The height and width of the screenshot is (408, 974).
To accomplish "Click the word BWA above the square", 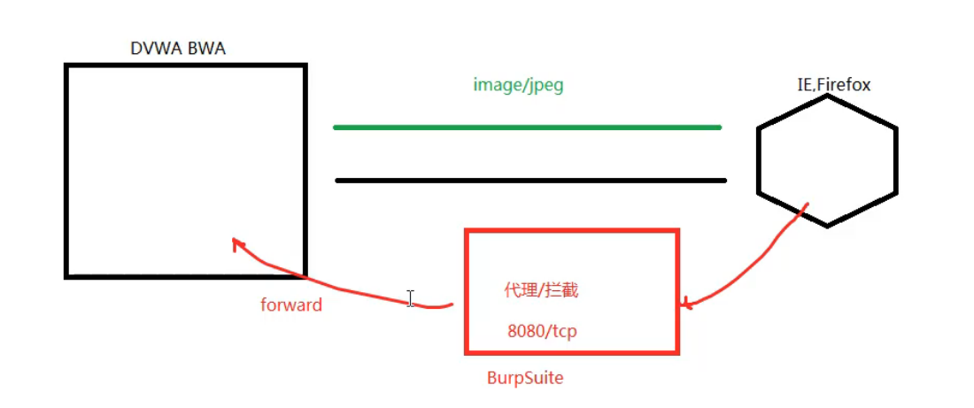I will (206, 49).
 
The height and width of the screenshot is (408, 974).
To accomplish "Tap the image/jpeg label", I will (518, 86).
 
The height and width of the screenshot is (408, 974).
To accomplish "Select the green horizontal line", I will (527, 127).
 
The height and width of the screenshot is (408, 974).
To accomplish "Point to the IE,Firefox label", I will (833, 85).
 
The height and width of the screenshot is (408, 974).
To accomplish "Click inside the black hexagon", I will (827, 160).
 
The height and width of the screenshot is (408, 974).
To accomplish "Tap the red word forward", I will (291, 305).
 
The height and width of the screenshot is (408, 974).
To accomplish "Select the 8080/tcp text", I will (542, 331).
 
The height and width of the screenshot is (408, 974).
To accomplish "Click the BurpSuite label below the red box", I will (525, 378).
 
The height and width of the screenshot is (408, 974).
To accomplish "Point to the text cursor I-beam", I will (410, 299).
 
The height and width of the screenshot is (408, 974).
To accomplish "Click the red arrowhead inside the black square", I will (236, 242).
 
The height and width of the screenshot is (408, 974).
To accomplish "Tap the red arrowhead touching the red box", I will (684, 304).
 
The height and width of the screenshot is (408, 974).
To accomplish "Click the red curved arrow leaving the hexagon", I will (761, 266).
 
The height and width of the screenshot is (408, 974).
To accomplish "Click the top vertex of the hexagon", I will (827, 96).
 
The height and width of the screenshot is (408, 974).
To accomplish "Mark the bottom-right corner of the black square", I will (305, 276).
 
